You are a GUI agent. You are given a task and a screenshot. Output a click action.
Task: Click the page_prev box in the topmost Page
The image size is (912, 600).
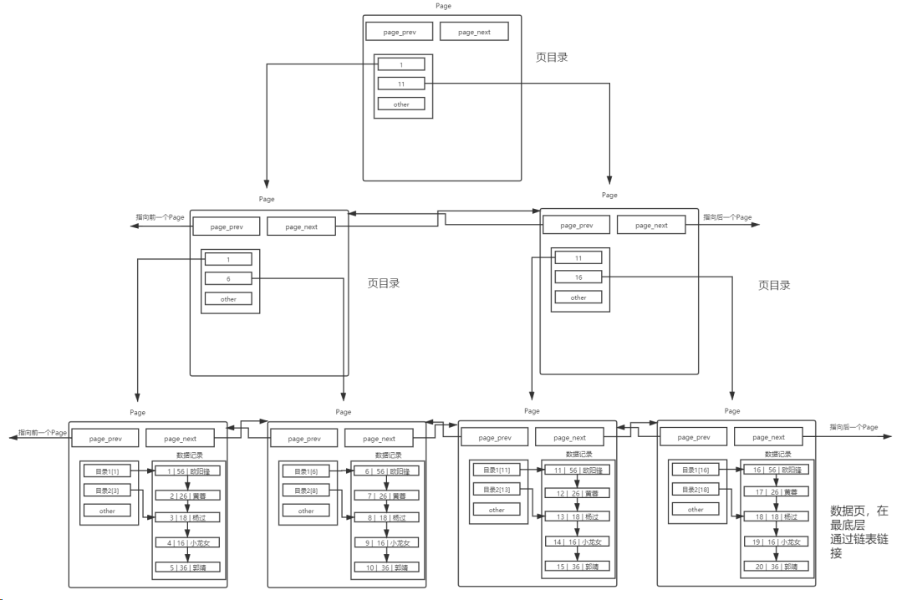[399, 32]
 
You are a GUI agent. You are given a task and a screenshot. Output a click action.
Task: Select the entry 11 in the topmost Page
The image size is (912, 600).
[401, 84]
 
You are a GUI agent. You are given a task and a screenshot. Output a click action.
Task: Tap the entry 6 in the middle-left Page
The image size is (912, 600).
[228, 278]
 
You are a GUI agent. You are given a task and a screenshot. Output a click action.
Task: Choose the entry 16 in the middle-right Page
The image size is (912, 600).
[578, 277]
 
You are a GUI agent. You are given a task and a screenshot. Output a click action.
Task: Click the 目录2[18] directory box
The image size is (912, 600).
[695, 490]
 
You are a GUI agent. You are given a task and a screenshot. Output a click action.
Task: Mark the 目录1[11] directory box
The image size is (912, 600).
[497, 470]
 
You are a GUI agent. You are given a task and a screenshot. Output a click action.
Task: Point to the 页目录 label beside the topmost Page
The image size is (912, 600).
[552, 58]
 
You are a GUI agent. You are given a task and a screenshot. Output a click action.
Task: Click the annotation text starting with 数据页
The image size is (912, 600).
[859, 531]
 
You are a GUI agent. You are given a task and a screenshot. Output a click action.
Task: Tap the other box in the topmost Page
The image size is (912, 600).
[401, 104]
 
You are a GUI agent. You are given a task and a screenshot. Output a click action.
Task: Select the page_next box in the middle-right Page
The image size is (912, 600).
[651, 226]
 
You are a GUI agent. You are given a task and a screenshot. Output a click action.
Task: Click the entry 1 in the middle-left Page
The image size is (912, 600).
[228, 260]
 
